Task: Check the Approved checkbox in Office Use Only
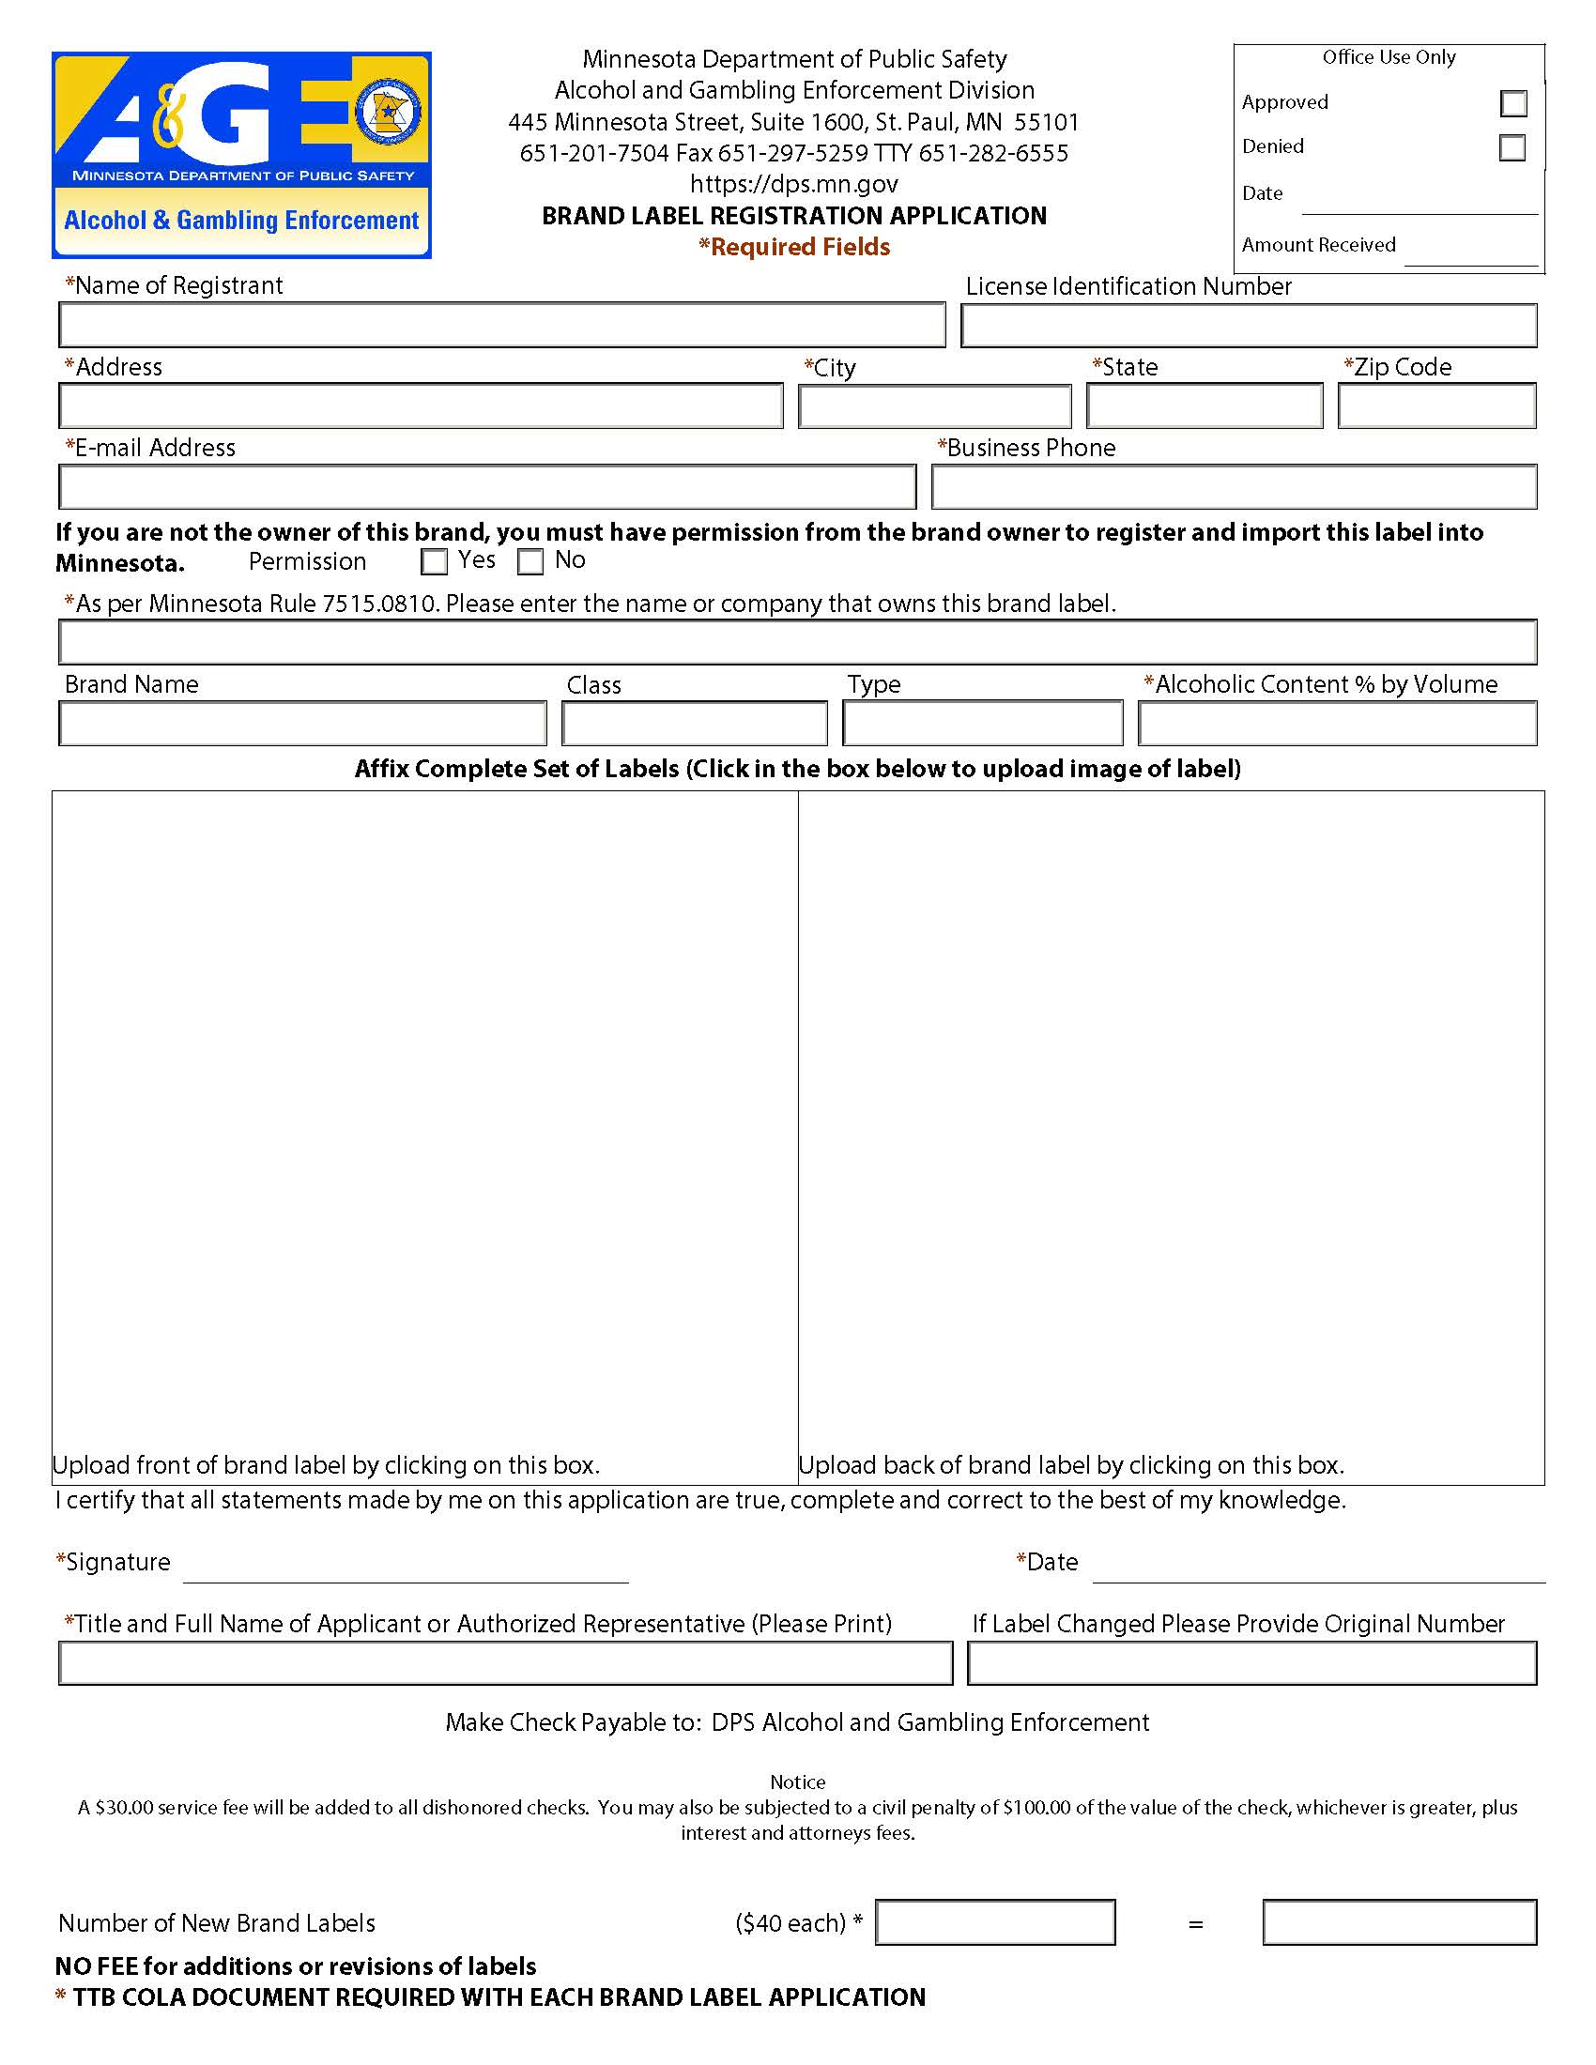[x=1512, y=103]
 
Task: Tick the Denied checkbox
[x=1512, y=147]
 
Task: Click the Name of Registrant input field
[x=502, y=326]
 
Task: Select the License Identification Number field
[x=1248, y=326]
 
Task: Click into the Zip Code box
[x=1436, y=405]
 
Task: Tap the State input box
[x=1204, y=405]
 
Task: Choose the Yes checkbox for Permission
[x=434, y=561]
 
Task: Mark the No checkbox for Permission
[x=530, y=561]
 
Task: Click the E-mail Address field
[x=487, y=487]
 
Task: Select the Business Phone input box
[x=1233, y=487]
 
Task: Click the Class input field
[x=694, y=724]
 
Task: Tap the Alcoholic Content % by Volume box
[x=1337, y=724]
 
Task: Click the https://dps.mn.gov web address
[x=793, y=183]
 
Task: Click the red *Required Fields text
[x=794, y=247]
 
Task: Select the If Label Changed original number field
[x=1251, y=1663]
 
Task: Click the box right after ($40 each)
[x=994, y=1922]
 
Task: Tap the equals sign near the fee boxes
[x=1195, y=1924]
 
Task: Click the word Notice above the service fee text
[x=797, y=1782]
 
